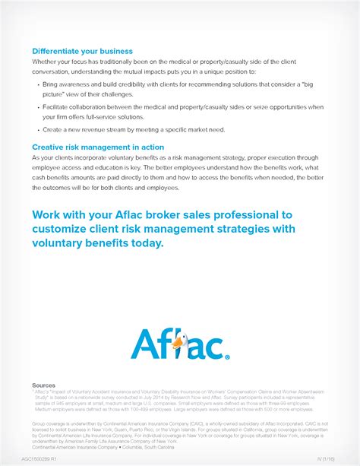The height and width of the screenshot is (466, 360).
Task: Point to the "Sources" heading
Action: point(43,385)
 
